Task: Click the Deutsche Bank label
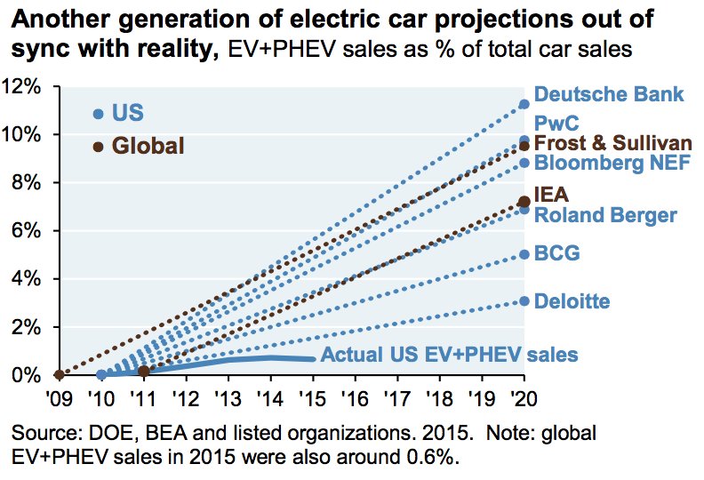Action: pos(608,94)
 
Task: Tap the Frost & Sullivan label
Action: pos(612,143)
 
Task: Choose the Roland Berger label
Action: pos(605,215)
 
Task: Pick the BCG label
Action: pos(556,254)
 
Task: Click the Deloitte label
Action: pos(572,302)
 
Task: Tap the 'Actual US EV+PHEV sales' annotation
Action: pos(449,355)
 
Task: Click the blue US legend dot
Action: pos(99,114)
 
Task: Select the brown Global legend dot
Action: pos(99,147)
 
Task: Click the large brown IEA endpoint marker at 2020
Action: pos(524,203)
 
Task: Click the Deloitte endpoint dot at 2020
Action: pos(524,301)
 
